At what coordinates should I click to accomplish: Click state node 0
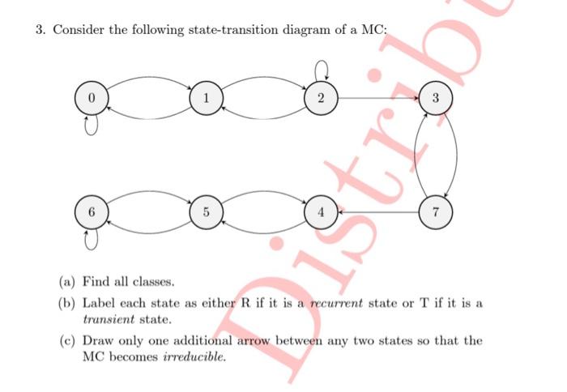click(92, 99)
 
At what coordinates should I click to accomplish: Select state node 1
click(207, 99)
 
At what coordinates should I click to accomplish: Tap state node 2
click(322, 99)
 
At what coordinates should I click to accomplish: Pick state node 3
click(436, 99)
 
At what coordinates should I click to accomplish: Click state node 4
click(322, 214)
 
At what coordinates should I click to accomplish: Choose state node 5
click(207, 214)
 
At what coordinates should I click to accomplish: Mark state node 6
click(92, 214)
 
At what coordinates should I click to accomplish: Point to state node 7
click(436, 214)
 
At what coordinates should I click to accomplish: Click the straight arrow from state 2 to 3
click(378, 99)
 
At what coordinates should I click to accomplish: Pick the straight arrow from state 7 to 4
click(378, 214)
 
